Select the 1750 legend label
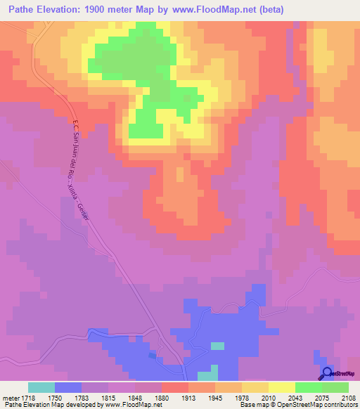(54, 398)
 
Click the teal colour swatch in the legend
(41, 387)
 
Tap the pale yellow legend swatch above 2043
(282, 387)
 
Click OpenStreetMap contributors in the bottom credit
(314, 405)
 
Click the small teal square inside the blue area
(218, 345)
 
